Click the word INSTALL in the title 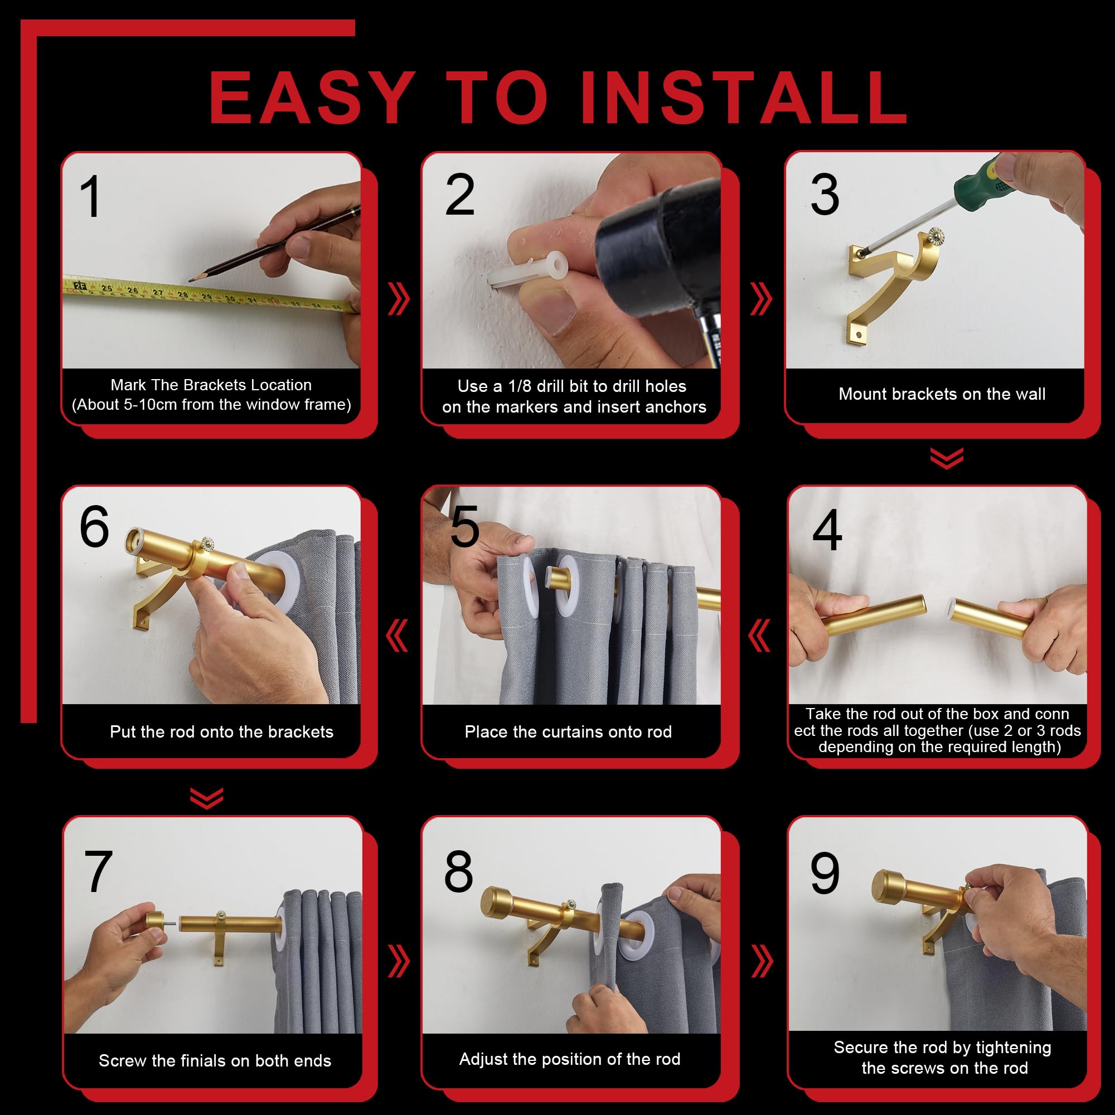(x=744, y=97)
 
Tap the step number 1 (x=91, y=197)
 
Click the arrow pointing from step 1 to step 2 (x=398, y=299)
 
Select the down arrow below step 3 (x=947, y=458)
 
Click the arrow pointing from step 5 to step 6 (x=397, y=636)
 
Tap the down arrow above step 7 (x=207, y=798)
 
